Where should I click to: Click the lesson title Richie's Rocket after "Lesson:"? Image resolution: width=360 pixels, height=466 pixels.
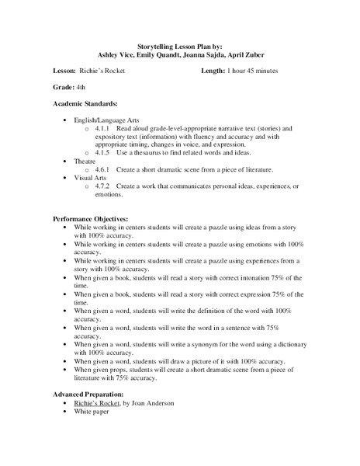(x=113, y=71)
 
